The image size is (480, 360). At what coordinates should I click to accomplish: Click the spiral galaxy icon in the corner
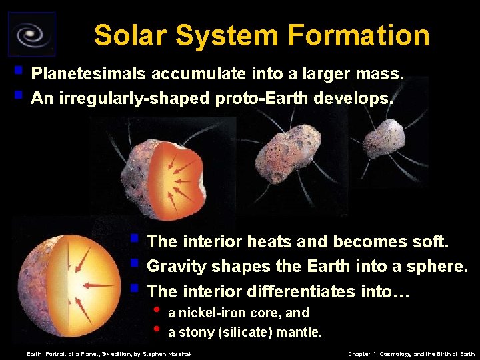coord(31,33)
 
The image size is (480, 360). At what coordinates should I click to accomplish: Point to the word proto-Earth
coord(262,99)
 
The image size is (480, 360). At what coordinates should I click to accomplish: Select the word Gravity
coord(175,266)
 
